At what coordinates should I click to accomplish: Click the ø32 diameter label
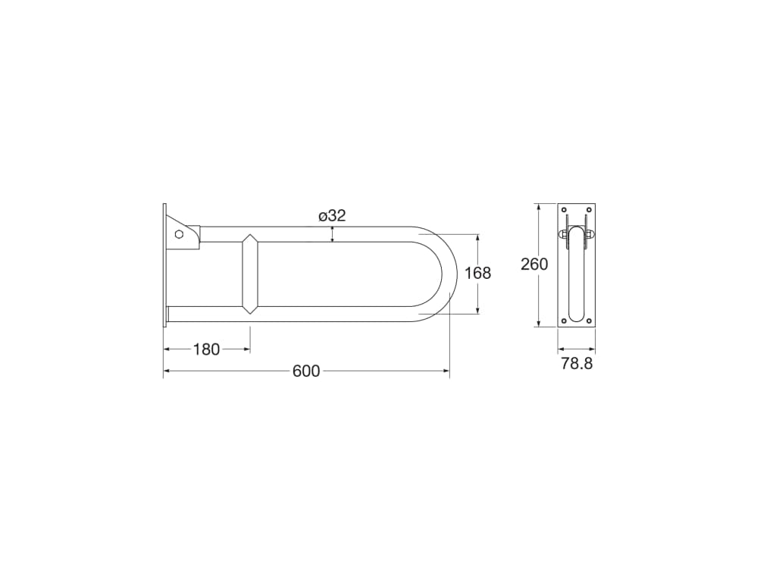click(x=332, y=216)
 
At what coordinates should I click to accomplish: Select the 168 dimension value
click(x=477, y=273)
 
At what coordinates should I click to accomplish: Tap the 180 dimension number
click(x=206, y=349)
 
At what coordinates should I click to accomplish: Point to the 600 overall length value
click(x=306, y=371)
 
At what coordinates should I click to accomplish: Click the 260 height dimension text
click(x=534, y=264)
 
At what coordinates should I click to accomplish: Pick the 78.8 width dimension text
click(x=577, y=364)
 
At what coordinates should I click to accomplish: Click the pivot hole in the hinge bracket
click(x=179, y=234)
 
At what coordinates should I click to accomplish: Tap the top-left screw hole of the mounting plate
click(x=564, y=211)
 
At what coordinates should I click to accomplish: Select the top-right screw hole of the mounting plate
click(x=589, y=211)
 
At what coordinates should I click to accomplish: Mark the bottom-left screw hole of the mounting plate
click(x=564, y=321)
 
